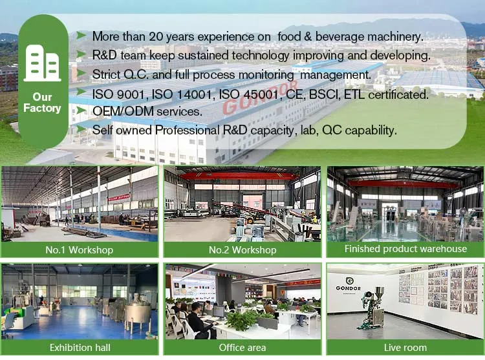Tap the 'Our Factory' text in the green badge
pos(42,102)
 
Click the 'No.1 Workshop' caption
pos(80,249)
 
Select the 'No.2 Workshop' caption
pos(242,249)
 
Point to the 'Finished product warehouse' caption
pos(405,248)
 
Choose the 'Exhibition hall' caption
pos(80,348)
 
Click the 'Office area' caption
pos(242,348)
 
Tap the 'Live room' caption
pos(405,348)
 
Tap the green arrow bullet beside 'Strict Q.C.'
pos(81,74)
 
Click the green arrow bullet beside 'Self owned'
pos(81,130)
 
